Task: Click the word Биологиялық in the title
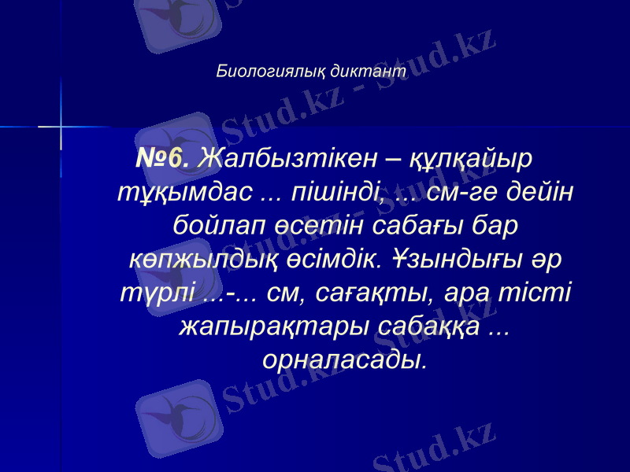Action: coord(272,71)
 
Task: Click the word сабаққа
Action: coord(425,326)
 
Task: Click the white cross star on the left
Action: coord(61,124)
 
